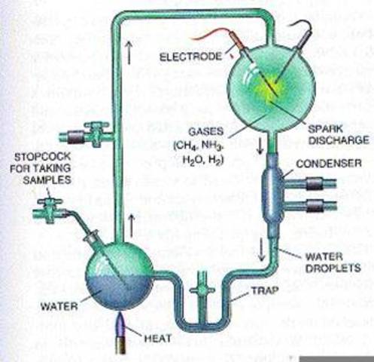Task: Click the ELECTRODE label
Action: (x=192, y=55)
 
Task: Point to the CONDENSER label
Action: (x=335, y=164)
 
